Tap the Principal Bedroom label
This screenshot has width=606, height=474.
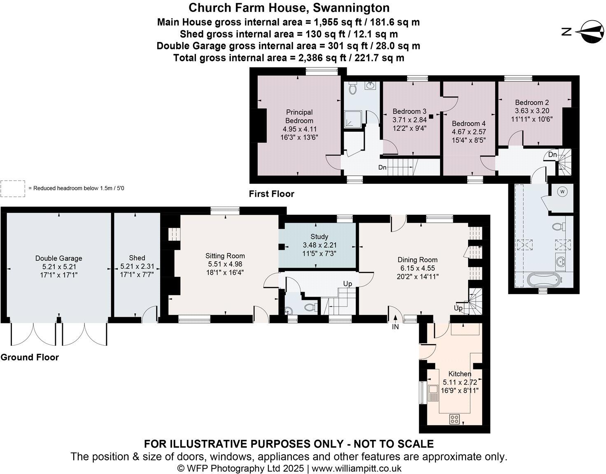pyautogui.click(x=299, y=116)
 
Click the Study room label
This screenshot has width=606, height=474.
pyautogui.click(x=319, y=237)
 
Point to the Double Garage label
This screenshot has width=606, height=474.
pyautogui.click(x=58, y=258)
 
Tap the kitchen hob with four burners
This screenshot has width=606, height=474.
pyautogui.click(x=454, y=419)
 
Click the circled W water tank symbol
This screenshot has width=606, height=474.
pyautogui.click(x=563, y=191)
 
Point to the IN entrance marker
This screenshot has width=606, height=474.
pyautogui.click(x=395, y=327)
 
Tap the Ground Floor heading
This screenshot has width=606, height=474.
pyautogui.click(x=30, y=357)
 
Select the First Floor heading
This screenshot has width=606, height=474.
pyautogui.click(x=271, y=194)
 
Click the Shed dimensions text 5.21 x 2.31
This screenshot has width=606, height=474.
pyautogui.click(x=137, y=266)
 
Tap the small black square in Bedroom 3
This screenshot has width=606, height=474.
pyautogui.click(x=431, y=116)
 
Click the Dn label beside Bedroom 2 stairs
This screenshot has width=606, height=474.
pyautogui.click(x=552, y=155)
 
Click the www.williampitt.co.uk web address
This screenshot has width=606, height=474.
pyautogui.click(x=357, y=468)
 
